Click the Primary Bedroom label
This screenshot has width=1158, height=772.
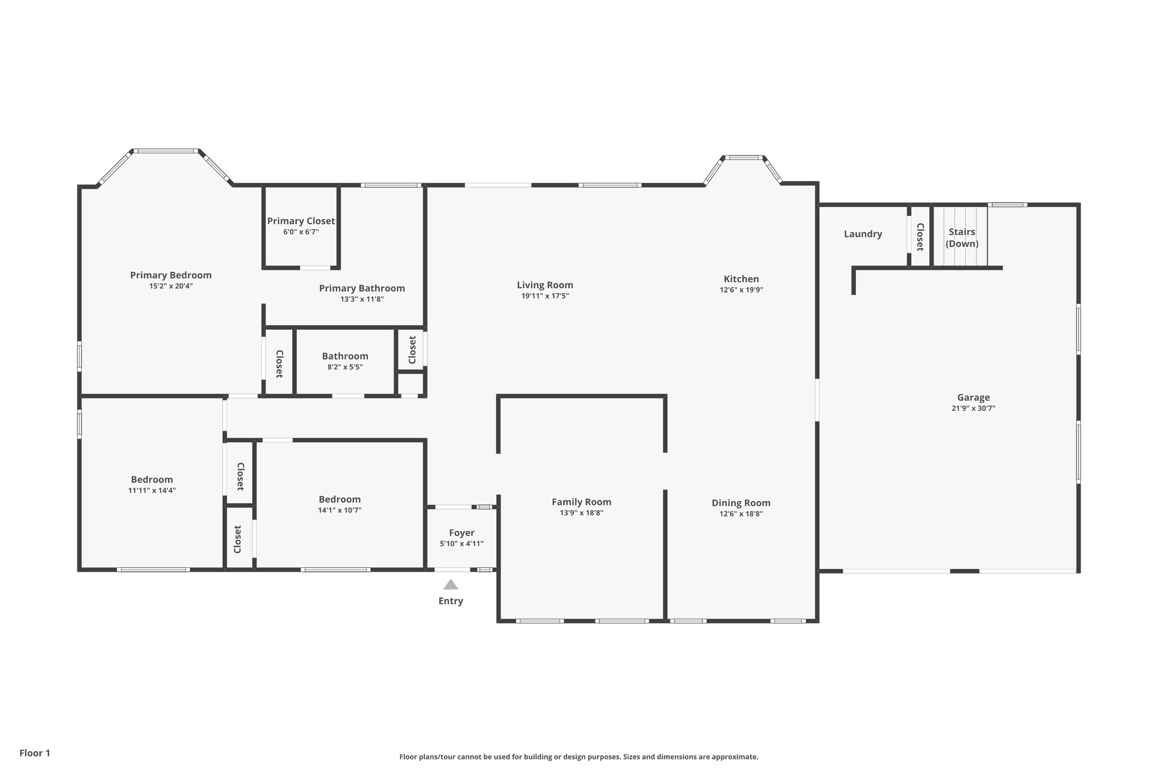171,275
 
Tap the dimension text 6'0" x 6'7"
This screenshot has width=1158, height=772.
301,232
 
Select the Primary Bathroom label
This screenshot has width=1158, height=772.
362,288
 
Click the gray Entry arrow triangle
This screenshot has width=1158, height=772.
451,585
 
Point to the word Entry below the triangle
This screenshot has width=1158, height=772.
451,601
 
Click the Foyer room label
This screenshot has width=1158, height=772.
461,533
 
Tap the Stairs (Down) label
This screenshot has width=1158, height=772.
962,238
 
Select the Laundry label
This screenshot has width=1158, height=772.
863,234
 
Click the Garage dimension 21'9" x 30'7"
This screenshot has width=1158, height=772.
973,408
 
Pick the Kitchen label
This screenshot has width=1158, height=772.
741,279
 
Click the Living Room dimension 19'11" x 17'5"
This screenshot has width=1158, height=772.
545,296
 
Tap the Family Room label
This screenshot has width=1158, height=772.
581,502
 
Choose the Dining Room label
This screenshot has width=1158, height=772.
741,503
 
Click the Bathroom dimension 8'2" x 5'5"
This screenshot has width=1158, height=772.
345,367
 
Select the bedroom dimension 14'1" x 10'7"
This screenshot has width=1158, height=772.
339,510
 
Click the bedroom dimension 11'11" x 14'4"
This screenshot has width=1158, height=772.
152,490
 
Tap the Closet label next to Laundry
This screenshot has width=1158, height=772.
920,236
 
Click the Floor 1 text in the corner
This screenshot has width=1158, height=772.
34,753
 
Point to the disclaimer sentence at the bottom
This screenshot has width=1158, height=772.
578,757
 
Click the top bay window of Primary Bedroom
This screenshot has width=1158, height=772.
166,151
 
